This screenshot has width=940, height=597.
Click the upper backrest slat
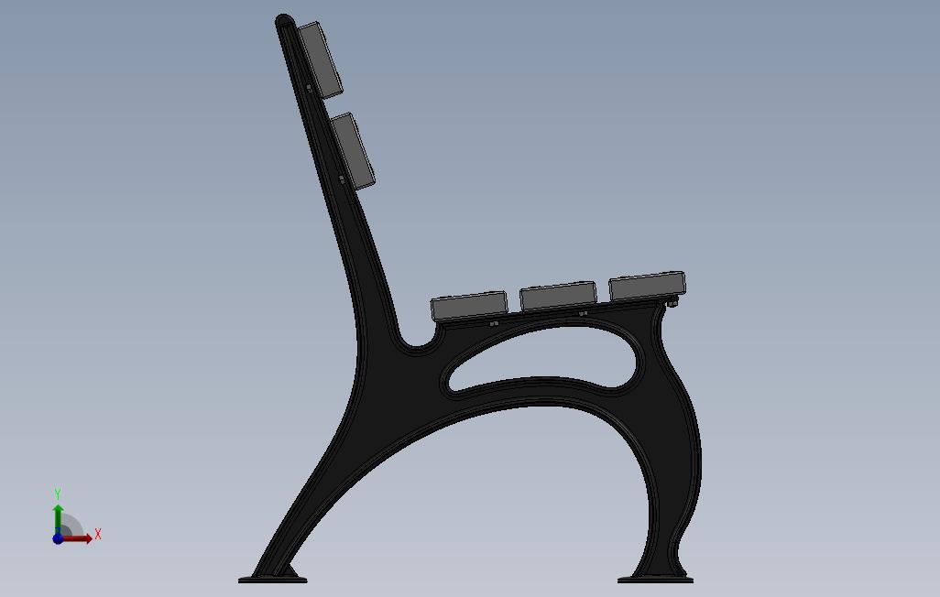(320, 60)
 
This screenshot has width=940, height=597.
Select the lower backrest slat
(353, 151)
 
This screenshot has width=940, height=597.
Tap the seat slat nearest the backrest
(469, 305)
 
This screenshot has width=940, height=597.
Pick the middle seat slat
(558, 296)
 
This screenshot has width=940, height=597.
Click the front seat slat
(647, 286)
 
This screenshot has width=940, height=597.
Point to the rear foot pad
(273, 580)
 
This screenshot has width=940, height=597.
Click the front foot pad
(655, 580)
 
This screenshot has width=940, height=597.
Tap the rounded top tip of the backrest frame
(284, 20)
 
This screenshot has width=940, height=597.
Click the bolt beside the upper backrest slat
(309, 88)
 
